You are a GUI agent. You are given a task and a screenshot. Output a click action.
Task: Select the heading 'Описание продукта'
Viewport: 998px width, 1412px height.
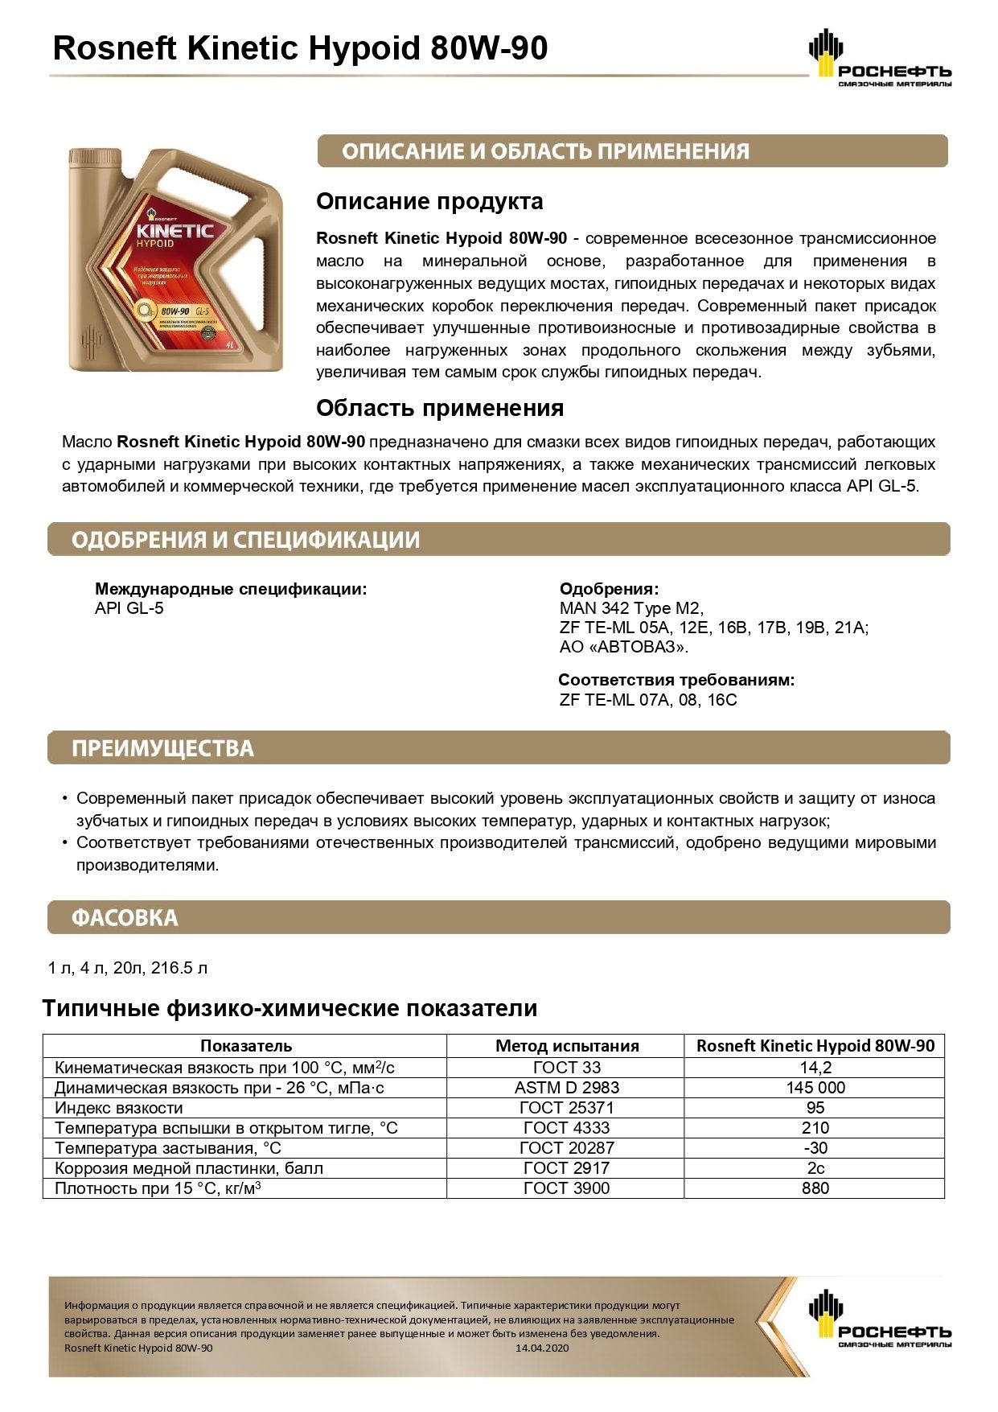tap(429, 201)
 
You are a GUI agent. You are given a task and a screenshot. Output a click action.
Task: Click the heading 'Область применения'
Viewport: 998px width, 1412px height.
tap(439, 408)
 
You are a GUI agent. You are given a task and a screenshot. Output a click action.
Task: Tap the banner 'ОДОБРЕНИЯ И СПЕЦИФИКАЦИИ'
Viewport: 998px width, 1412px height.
tap(245, 540)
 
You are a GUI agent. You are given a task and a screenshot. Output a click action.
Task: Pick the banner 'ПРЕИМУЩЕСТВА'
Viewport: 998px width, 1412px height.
tap(162, 748)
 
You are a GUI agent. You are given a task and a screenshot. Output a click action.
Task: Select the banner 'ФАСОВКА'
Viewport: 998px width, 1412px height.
tap(125, 918)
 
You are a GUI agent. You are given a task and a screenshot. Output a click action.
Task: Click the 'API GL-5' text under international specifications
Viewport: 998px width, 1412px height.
tap(129, 608)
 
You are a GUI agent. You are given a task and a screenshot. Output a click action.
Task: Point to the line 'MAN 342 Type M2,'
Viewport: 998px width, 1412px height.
tap(631, 608)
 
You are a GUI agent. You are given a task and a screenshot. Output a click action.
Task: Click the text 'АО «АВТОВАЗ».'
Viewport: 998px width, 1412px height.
tap(624, 647)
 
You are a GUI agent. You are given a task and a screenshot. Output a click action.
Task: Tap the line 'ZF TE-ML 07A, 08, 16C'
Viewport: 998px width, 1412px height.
tap(648, 700)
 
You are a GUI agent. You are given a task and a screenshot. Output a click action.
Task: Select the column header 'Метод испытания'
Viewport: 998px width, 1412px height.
tap(566, 1046)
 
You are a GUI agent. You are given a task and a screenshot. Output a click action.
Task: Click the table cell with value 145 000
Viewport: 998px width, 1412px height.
tap(815, 1088)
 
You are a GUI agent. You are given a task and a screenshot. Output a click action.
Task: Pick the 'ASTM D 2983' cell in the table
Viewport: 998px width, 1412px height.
tap(566, 1088)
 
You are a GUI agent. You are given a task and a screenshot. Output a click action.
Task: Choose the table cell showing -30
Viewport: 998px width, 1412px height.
tap(815, 1148)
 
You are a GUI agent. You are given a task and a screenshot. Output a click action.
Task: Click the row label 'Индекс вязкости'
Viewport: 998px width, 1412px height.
tap(118, 1108)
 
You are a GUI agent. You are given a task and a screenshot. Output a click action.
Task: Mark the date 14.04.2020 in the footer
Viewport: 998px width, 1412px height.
tap(542, 1348)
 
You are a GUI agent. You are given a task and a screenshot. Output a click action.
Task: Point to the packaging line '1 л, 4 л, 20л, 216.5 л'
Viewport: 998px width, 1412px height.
tap(128, 968)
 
